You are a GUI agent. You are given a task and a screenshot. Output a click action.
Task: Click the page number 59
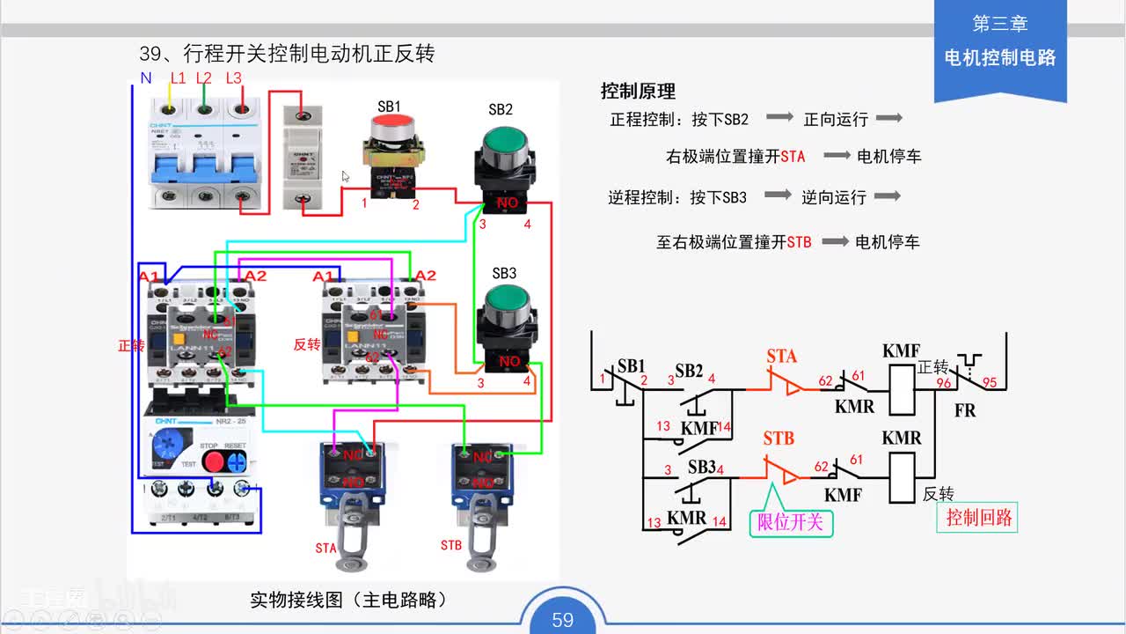click(x=563, y=620)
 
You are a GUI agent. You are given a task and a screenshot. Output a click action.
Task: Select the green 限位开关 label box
click(x=790, y=522)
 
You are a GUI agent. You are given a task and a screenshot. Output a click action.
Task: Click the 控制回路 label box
click(x=978, y=518)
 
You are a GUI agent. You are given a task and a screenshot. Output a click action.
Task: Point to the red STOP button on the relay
click(x=212, y=461)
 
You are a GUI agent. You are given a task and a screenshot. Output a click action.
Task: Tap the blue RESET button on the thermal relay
click(x=235, y=461)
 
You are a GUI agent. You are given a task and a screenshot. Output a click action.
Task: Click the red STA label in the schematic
click(x=781, y=356)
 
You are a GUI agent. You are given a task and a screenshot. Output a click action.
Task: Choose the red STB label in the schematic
click(x=779, y=438)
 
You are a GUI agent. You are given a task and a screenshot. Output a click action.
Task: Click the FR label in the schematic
click(x=965, y=410)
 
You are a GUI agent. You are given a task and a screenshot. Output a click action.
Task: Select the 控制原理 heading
click(x=638, y=91)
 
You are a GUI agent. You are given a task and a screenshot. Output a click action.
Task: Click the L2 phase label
click(x=204, y=78)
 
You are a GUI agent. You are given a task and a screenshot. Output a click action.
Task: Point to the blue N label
click(x=146, y=78)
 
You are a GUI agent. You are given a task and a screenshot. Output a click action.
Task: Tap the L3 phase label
click(x=233, y=78)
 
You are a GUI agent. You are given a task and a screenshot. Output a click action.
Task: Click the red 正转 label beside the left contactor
click(x=131, y=346)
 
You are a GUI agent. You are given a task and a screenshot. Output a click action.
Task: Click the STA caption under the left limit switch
click(x=325, y=548)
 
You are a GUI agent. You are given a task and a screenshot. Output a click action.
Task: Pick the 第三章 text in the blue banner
click(x=999, y=24)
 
